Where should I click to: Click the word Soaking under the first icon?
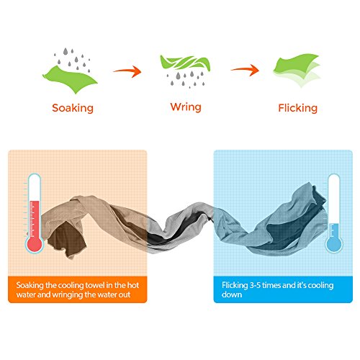pyautogui.click(x=73, y=108)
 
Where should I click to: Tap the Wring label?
pyautogui.click(x=186, y=107)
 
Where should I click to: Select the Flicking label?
pyautogui.click(x=297, y=108)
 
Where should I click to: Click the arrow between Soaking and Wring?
pyautogui.click(x=127, y=71)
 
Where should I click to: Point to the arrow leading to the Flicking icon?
pyautogui.click(x=245, y=70)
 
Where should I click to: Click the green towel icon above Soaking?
pyautogui.click(x=70, y=78)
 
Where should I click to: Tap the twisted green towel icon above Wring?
pyautogui.click(x=185, y=63)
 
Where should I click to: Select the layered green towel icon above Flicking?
pyautogui.click(x=297, y=70)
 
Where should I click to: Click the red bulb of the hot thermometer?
pyautogui.click(x=35, y=243)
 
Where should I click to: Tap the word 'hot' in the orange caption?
pyautogui.click(x=133, y=285)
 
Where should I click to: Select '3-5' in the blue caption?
pyautogui.click(x=255, y=285)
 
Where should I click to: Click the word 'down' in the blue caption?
pyautogui.click(x=232, y=294)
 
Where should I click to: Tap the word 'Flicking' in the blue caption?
pyautogui.click(x=235, y=285)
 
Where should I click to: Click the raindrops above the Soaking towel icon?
pyautogui.click(x=72, y=60)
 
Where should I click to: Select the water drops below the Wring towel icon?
pyautogui.click(x=186, y=79)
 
